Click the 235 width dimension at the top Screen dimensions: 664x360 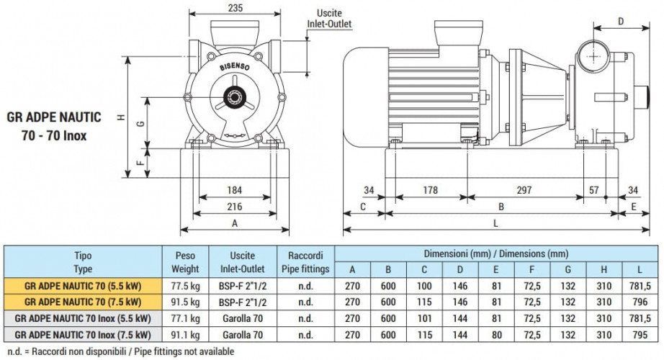coord(235,8)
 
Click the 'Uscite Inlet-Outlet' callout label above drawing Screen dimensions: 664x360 coord(329,19)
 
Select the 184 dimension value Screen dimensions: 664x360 coord(235,190)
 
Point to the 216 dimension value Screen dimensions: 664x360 coord(235,207)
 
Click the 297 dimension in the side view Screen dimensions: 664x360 coord(524,190)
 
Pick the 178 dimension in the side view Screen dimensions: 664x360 coord(430,190)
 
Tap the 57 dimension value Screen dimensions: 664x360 coord(594,190)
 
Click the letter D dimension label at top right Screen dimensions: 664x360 coord(621,21)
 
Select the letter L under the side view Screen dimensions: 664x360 coord(496,223)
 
